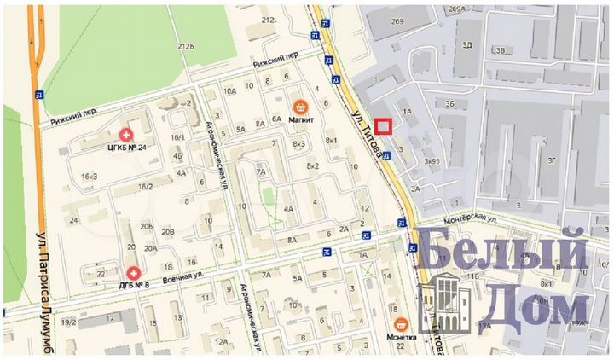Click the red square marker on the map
point(383,126)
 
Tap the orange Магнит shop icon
point(300,107)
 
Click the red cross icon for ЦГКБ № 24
point(126,135)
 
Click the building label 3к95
point(431,160)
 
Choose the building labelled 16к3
point(89,177)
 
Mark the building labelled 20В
point(167,230)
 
